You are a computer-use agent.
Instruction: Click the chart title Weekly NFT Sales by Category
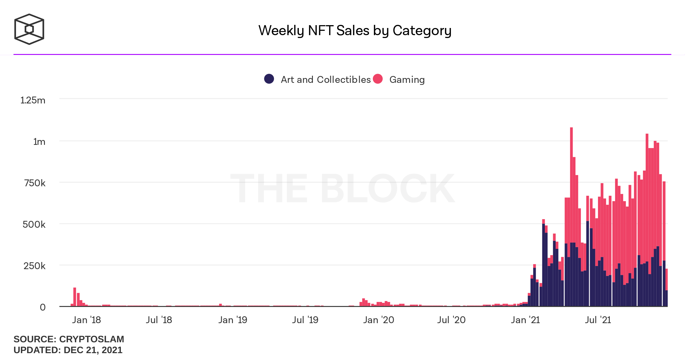(x=355, y=31)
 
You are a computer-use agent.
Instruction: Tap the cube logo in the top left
(x=29, y=29)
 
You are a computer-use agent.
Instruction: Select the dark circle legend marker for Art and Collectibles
(x=269, y=79)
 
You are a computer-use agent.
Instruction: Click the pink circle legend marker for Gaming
(x=378, y=79)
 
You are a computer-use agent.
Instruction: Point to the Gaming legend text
(x=407, y=79)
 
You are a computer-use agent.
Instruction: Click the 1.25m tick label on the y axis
(x=33, y=100)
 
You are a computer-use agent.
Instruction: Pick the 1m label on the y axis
(x=39, y=142)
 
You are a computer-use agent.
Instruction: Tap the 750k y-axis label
(x=35, y=183)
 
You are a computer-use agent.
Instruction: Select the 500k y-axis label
(x=34, y=225)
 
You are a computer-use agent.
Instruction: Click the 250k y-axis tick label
(x=34, y=266)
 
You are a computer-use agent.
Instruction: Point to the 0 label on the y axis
(x=43, y=307)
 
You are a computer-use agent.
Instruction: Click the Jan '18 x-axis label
(x=86, y=320)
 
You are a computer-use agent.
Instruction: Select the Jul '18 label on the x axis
(x=159, y=320)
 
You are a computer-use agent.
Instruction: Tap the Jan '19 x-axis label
(x=233, y=320)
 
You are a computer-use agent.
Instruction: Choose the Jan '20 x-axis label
(x=379, y=320)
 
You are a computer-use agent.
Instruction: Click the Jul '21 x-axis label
(x=598, y=320)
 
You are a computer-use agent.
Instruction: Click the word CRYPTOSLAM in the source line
(x=91, y=339)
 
